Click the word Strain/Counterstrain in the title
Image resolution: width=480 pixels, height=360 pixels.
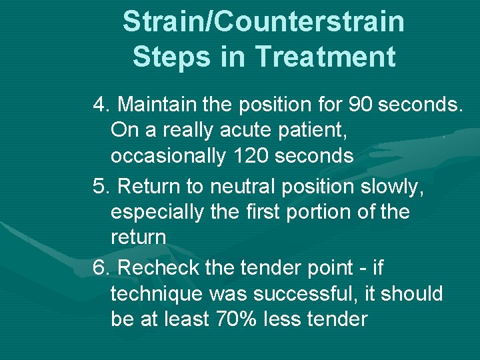pyautogui.click(x=263, y=22)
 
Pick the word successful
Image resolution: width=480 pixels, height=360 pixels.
pyautogui.click(x=305, y=294)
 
